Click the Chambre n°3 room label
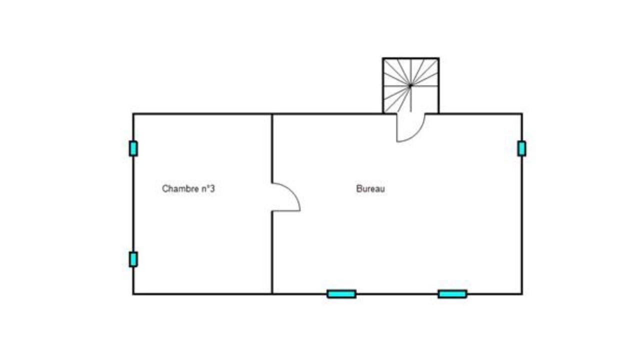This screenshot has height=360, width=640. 188,188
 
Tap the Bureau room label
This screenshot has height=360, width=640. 370,188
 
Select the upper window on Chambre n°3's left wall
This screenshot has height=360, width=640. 133,148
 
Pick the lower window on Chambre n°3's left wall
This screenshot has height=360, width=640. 133,259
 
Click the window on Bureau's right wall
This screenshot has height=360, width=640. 521,148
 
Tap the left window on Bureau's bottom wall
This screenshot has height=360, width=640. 341,294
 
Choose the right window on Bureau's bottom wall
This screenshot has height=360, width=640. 452,294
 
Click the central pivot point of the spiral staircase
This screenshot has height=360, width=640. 410,85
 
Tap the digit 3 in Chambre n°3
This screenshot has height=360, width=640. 212,188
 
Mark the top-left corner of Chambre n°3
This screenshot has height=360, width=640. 133,114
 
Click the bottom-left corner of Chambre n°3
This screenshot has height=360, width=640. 133,293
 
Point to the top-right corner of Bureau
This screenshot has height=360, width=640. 522,114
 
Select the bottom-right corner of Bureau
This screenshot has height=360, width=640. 522,293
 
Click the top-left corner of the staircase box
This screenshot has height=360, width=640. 383,58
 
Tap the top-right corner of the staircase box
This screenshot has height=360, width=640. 438,58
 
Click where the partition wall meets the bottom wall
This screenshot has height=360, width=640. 272,293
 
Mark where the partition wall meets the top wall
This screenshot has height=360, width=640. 272,114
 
